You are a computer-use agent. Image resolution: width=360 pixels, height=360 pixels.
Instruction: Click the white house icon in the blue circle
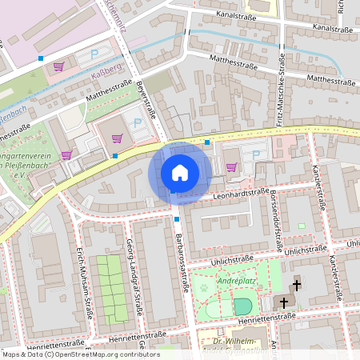pos(180,173)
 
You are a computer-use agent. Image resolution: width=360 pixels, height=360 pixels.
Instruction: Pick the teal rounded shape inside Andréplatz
pos(242,306)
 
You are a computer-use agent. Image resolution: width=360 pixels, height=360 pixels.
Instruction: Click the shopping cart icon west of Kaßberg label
pos(58,68)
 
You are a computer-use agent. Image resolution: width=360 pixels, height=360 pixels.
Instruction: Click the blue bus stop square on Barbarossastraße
pos(176,218)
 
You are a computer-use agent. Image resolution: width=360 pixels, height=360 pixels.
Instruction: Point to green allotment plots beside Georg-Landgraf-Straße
pos(111,288)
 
